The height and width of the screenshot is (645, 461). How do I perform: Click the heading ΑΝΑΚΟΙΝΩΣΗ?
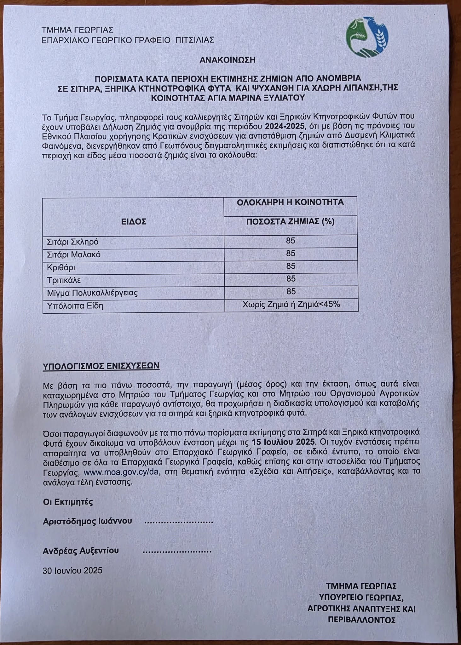point(227,60)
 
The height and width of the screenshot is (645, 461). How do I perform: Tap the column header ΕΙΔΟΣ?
point(134,222)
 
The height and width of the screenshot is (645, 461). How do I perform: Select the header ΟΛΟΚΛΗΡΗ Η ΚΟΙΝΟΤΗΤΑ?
point(290,202)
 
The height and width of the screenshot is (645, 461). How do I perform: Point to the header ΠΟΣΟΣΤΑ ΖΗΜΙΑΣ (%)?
point(290,222)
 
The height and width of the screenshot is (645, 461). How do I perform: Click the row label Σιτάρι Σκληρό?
point(73,242)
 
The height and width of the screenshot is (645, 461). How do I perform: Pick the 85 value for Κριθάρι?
point(291,266)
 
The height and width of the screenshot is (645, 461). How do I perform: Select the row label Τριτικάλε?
point(64,280)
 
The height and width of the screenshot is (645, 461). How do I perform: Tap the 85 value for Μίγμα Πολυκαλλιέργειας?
point(291,292)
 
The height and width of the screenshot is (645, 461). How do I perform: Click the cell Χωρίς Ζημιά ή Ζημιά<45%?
point(291,305)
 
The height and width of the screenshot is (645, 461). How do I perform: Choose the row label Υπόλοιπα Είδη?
point(75,306)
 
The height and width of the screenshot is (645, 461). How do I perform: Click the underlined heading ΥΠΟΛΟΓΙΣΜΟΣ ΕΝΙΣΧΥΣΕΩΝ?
point(101,366)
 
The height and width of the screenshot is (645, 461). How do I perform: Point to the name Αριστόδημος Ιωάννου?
point(87,521)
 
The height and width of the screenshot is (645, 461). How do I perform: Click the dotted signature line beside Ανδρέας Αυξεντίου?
point(177,551)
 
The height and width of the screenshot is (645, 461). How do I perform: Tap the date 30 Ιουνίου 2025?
point(72,570)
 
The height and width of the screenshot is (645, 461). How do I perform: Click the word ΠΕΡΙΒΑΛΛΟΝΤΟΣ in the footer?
point(361,620)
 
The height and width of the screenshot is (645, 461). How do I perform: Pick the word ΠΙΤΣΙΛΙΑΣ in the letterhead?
point(195,40)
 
